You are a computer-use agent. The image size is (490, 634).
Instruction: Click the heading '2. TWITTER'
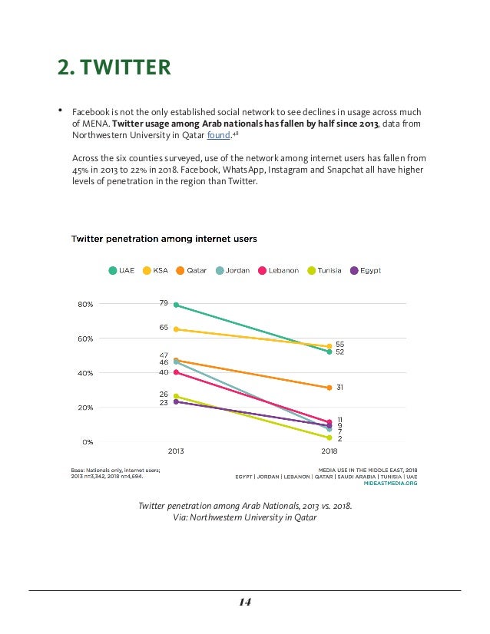114,68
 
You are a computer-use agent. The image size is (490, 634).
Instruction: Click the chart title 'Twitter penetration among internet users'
164,239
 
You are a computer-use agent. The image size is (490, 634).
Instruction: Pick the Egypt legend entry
366,270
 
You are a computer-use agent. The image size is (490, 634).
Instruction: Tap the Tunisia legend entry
324,270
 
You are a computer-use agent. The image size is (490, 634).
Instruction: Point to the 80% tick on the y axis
84,304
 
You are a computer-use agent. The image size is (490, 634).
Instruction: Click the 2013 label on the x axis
176,451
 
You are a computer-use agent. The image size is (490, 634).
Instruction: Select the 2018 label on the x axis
329,451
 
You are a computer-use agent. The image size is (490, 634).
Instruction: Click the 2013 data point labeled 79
176,305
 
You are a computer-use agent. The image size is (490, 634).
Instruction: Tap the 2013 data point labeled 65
176,329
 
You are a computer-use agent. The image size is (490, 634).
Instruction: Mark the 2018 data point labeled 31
329,388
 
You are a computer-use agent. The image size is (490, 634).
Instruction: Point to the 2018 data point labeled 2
329,438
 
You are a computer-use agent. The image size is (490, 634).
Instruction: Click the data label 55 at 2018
339,345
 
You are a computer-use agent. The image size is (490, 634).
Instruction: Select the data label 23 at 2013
164,402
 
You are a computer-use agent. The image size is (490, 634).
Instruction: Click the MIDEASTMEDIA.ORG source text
390,484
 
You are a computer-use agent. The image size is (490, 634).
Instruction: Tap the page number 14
245,601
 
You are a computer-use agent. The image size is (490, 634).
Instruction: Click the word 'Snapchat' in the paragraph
361,168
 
